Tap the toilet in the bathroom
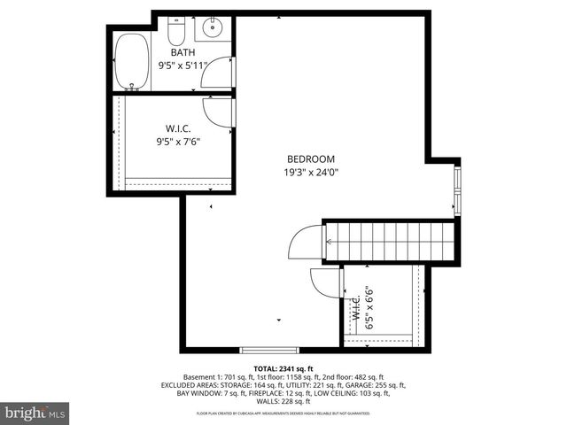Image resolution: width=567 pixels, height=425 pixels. click(176, 35)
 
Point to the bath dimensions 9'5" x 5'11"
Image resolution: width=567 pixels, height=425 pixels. click(182, 66)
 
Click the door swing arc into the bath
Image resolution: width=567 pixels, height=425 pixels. click(216, 76)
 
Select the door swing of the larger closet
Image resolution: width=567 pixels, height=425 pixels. click(217, 111)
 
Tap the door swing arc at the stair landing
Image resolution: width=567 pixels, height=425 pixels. click(306, 241)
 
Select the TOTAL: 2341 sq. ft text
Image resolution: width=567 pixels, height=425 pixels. click(283, 368)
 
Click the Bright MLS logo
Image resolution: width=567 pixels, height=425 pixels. click(35, 412)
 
